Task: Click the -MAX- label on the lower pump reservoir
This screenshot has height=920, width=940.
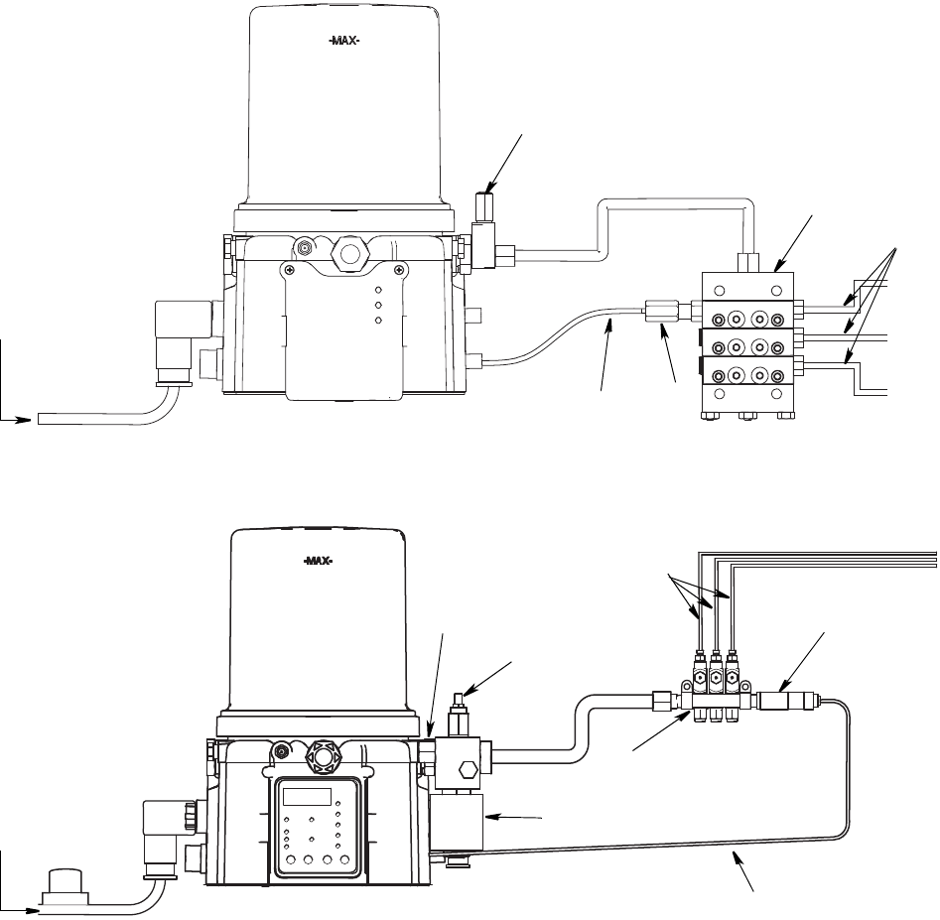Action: [317, 562]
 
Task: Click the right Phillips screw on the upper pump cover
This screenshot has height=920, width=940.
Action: [399, 269]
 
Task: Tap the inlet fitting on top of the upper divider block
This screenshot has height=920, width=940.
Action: [749, 262]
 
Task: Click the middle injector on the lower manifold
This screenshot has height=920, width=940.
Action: [716, 679]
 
